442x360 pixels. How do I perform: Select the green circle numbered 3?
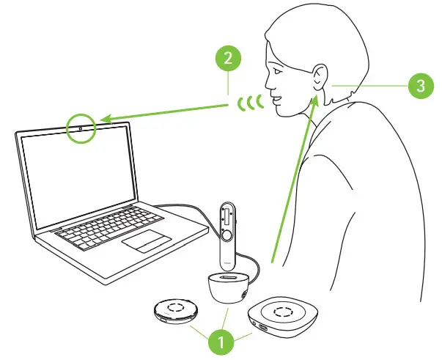(420, 86)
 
